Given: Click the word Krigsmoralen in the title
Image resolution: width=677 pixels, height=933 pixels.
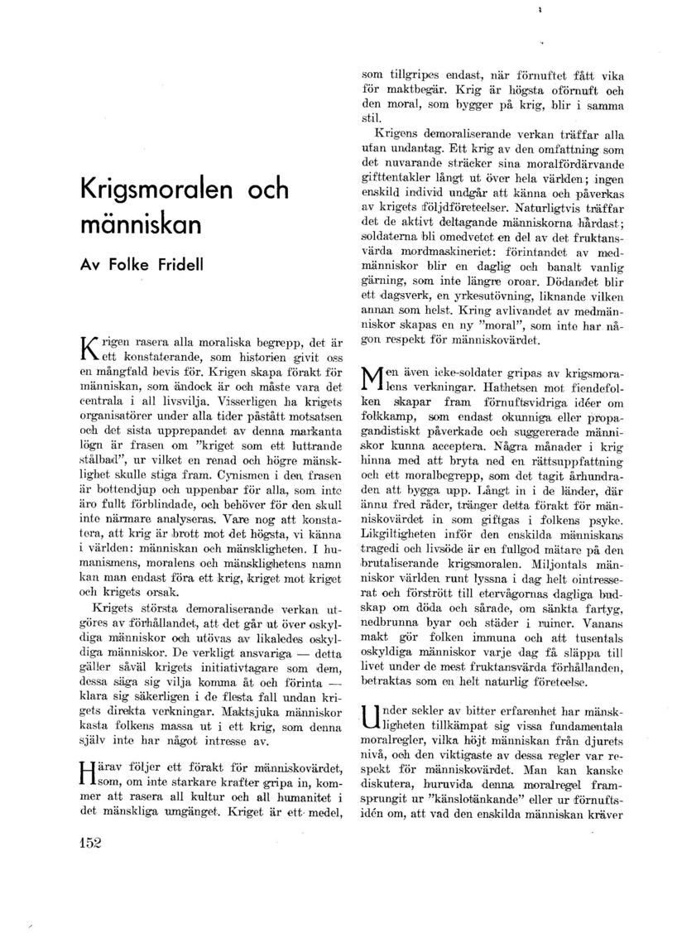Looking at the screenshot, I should tap(153, 190).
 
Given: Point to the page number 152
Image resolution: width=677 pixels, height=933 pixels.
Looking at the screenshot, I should tap(84, 843).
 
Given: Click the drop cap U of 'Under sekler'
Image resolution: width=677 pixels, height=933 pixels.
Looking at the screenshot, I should tap(372, 718).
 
